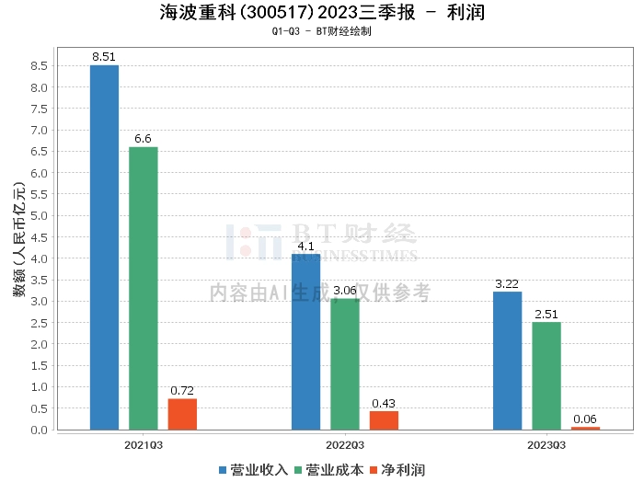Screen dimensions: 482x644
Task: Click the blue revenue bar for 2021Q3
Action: pos(104,247)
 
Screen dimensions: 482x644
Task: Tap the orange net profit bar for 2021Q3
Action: pos(182,414)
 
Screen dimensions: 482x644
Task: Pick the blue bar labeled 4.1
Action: pos(305,341)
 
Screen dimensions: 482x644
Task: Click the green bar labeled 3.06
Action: pos(345,364)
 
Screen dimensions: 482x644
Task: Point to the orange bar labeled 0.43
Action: pos(384,420)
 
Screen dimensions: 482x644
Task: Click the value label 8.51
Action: pos(104,56)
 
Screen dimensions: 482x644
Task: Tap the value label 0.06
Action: pos(585,419)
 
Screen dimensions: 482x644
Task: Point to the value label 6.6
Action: pos(144,138)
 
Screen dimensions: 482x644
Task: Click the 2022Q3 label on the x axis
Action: pos(345,444)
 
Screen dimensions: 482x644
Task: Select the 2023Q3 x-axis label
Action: pos(546,444)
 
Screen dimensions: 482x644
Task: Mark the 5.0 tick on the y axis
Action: pos(39,215)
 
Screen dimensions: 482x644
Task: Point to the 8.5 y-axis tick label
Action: pos(39,66)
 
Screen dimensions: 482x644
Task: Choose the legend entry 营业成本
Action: pos(328,469)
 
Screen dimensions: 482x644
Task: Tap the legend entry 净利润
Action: pos(397,469)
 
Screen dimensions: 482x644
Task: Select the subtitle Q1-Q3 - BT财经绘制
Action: pos(321,31)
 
